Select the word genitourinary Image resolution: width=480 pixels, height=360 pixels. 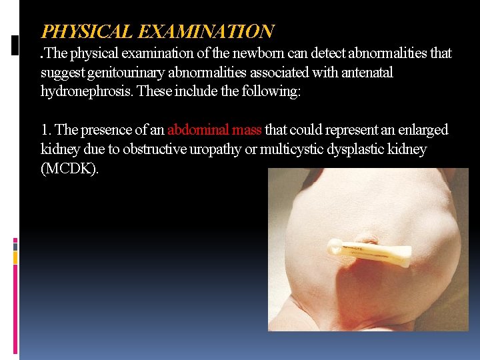coord(121,72)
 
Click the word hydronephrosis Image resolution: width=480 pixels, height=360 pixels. coord(84,91)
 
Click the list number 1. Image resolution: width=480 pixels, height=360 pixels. coord(46,130)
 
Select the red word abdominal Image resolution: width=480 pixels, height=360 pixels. coord(198,130)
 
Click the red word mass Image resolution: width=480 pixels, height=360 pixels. coord(247,130)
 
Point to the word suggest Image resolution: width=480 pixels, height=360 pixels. coord(61,72)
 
